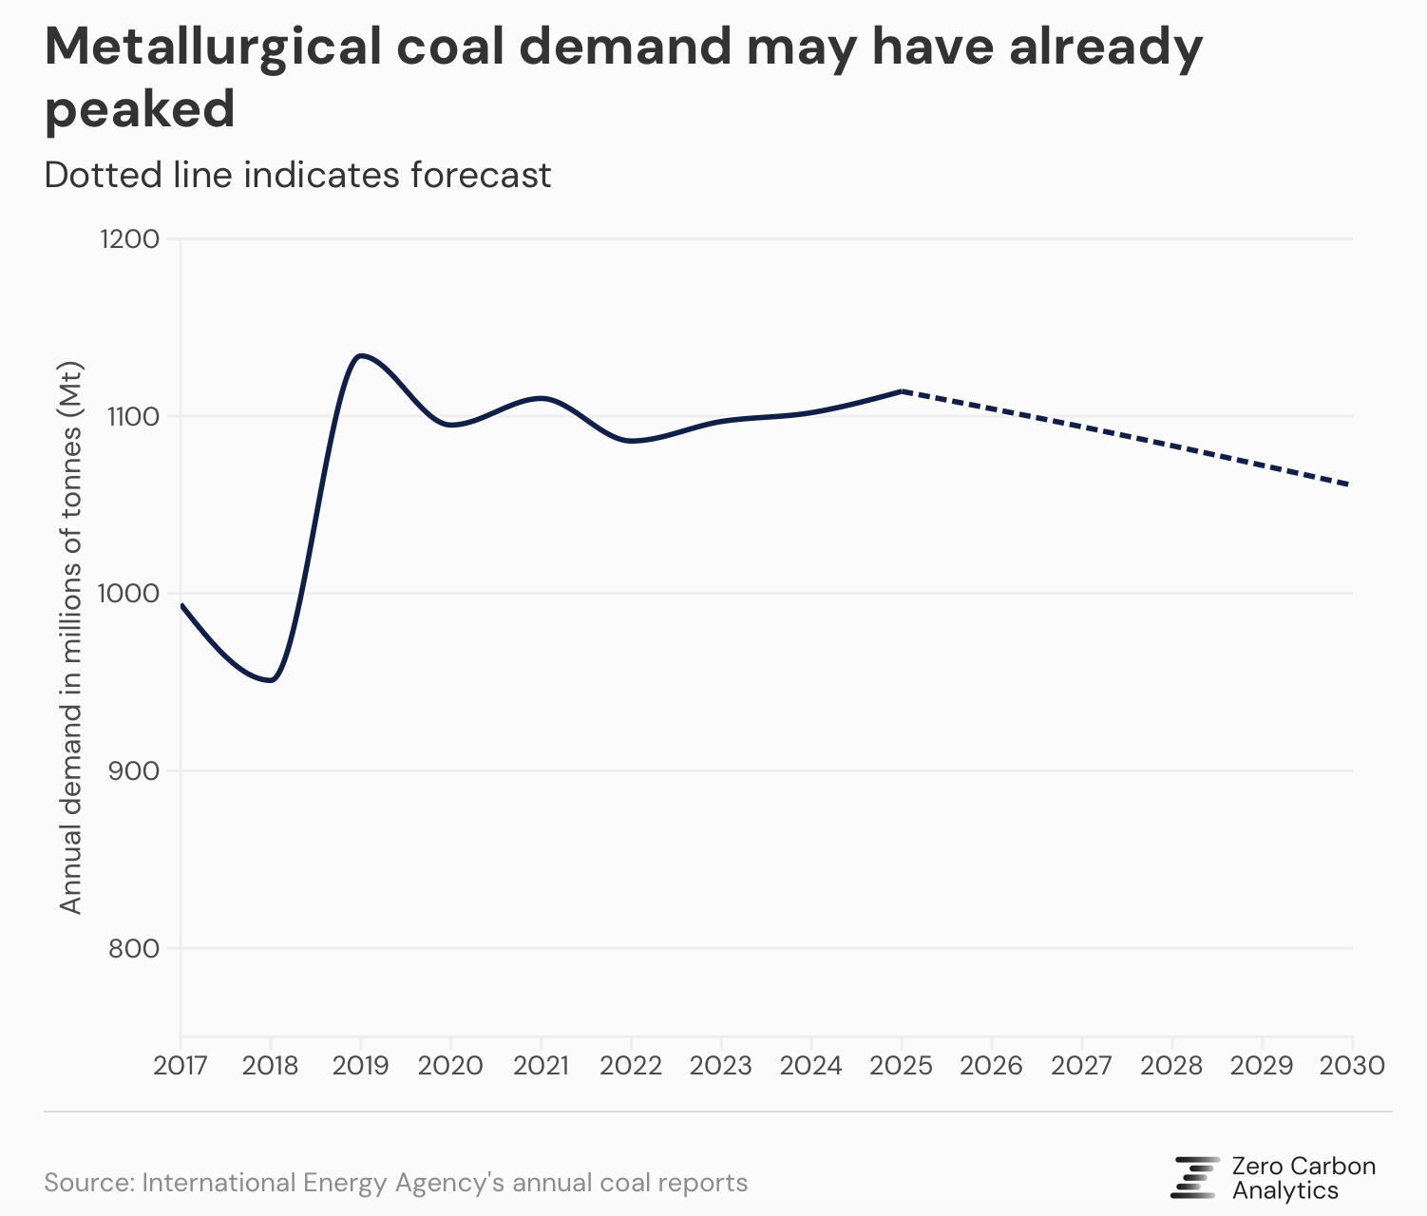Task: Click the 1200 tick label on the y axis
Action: click(x=129, y=238)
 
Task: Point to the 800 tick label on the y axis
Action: click(x=135, y=948)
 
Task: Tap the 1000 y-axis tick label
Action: click(x=129, y=593)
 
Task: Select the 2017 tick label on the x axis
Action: click(x=181, y=1065)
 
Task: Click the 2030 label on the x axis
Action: click(x=1352, y=1065)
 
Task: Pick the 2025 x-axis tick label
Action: click(x=901, y=1065)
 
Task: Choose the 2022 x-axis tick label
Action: click(x=631, y=1065)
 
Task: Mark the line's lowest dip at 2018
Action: click(x=272, y=680)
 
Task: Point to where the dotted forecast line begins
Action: click(x=902, y=390)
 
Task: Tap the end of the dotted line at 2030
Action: click(x=1350, y=484)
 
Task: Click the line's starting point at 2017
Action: click(x=181, y=604)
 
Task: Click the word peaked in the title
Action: click(x=140, y=109)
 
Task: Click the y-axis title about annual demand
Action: click(x=71, y=637)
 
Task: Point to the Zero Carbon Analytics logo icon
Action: click(x=1195, y=1177)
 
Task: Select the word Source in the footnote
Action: click(x=86, y=1183)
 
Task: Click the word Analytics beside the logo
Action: click(x=1285, y=1190)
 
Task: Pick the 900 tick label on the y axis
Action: click(x=135, y=770)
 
